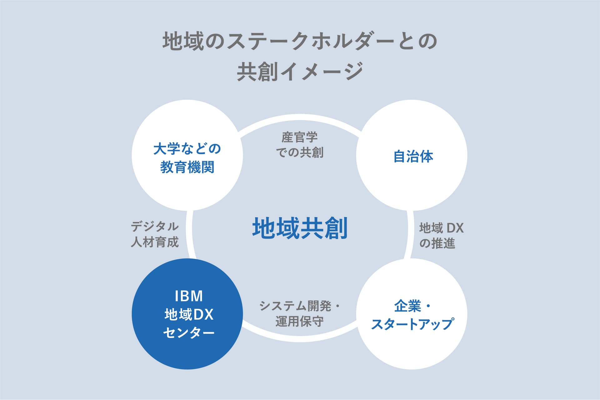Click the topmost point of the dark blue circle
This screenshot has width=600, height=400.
pos(187,258)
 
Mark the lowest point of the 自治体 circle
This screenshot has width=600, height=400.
pos(412,211)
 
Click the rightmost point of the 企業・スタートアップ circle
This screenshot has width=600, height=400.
pos(467,314)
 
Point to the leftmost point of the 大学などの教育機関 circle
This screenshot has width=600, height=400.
pos(132,155)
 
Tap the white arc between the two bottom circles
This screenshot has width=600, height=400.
pos(300,340)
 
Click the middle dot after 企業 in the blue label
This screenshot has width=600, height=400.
pos(428,306)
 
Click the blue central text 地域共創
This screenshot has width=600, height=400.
pos(300,228)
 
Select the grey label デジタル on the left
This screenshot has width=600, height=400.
pos(155,227)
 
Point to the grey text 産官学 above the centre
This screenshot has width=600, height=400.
pos(300,137)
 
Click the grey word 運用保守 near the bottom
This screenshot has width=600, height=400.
pos(300,321)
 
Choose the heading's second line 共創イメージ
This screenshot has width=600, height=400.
pos(300,71)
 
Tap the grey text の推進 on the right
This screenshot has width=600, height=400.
pos(437,243)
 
